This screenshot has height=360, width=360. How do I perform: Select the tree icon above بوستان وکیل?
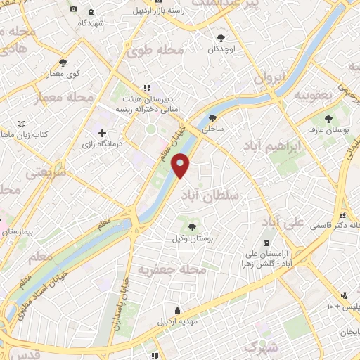[193, 226]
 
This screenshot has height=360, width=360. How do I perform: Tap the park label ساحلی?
[212, 130]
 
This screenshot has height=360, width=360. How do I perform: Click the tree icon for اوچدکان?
[221, 37]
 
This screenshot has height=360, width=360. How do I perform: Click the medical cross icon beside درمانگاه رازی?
[103, 132]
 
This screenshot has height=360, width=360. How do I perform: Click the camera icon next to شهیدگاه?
[74, 9]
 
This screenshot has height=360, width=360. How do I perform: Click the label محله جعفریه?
[172, 271]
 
